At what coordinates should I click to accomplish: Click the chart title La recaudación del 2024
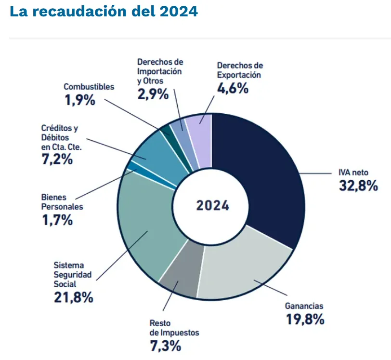[x=104, y=12]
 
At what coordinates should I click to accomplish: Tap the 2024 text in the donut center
[x=212, y=206]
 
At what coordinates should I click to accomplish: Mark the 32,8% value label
[x=358, y=186]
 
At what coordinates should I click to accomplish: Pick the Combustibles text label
[x=89, y=87]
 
